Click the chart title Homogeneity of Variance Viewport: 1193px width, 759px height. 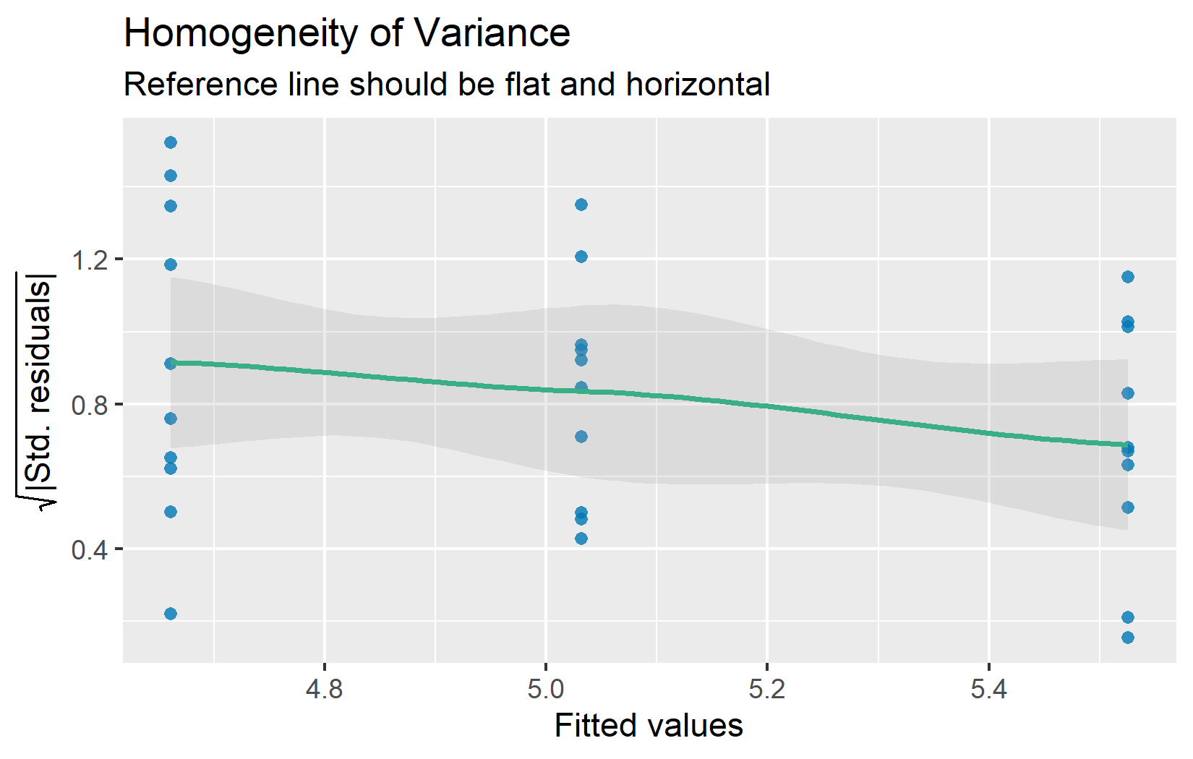(x=347, y=33)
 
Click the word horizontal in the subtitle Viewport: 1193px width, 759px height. (x=698, y=85)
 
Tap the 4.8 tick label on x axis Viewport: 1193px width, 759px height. (x=325, y=689)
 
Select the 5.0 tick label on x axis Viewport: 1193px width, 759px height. (x=546, y=689)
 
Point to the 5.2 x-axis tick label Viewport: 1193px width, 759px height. (x=767, y=689)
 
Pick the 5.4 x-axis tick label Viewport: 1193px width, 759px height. (x=988, y=689)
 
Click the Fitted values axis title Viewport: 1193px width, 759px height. (x=649, y=726)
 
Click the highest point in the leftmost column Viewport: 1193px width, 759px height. (x=171, y=142)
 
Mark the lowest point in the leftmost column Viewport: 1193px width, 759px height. (x=171, y=614)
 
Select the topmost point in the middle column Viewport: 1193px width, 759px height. (x=581, y=205)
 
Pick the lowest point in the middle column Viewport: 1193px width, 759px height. (x=581, y=539)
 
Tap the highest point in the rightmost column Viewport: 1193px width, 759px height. (x=1128, y=277)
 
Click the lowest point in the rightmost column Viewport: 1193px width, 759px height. (x=1128, y=638)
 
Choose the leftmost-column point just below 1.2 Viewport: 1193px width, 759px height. (x=171, y=265)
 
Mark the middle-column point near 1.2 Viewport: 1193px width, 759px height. (x=581, y=257)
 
